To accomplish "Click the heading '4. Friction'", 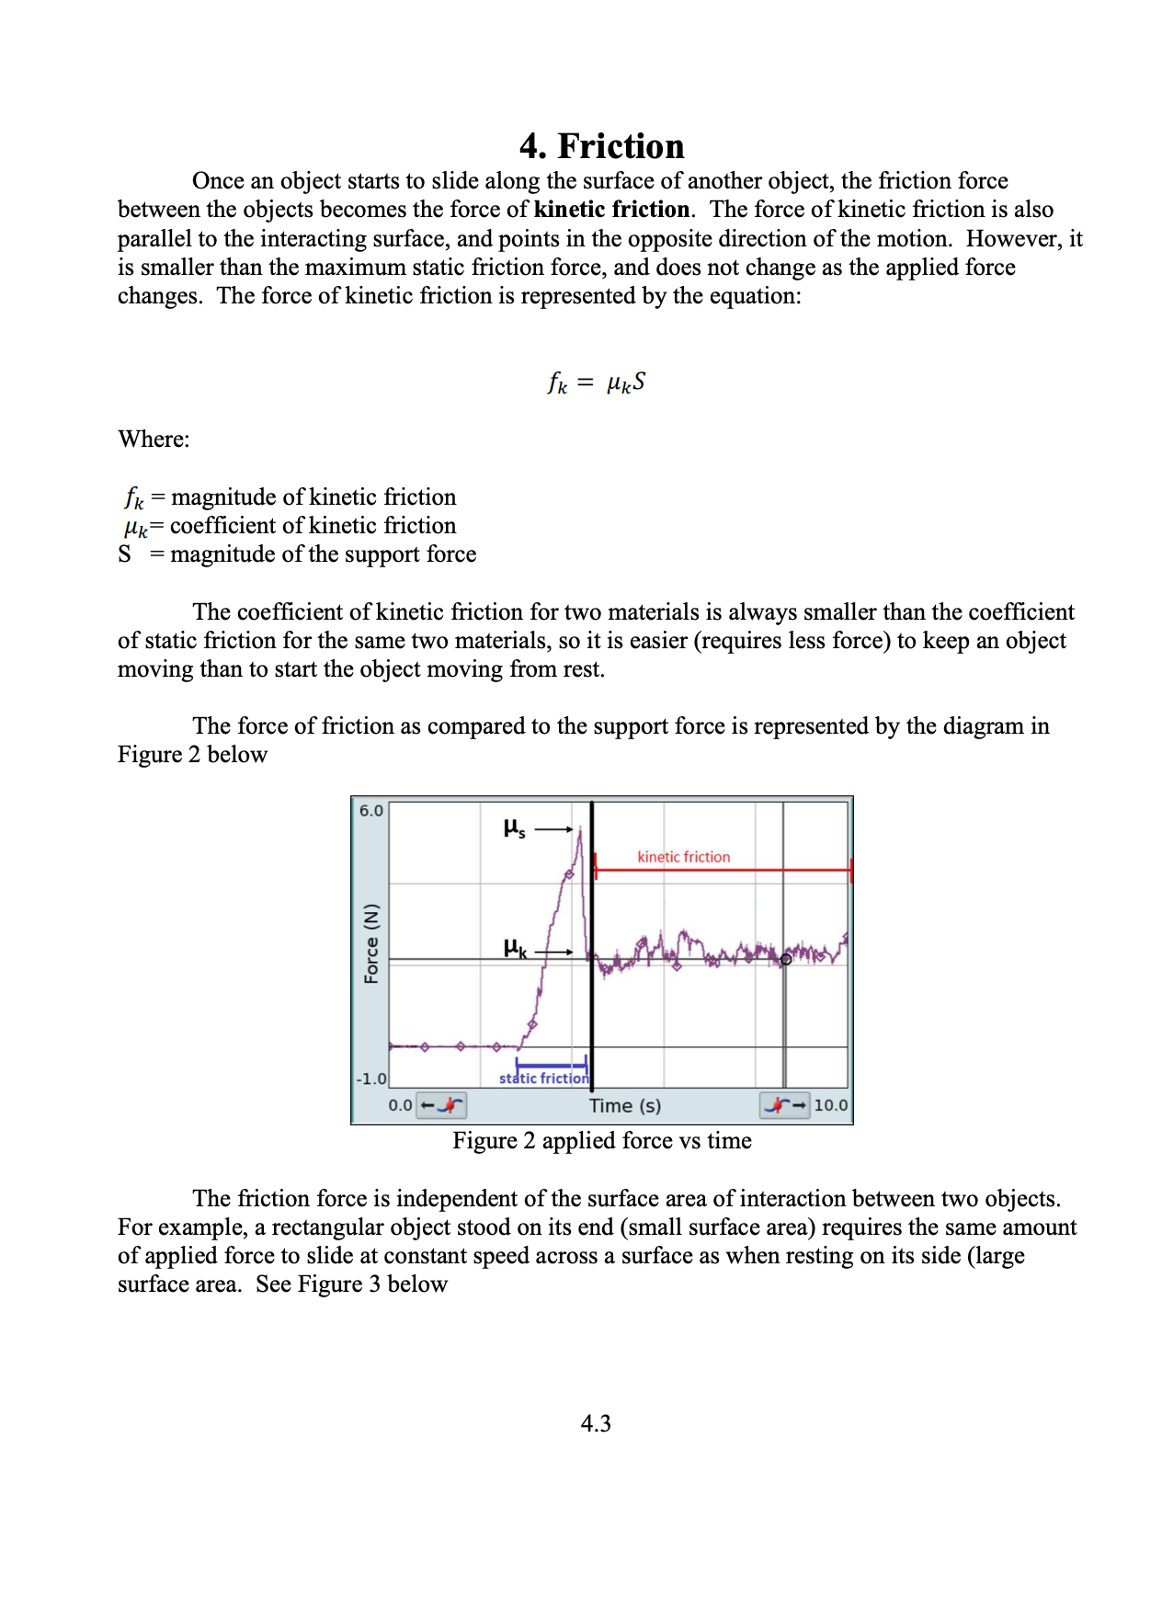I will [601, 146].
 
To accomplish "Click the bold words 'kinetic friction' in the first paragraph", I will [611, 210].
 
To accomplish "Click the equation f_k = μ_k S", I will [596, 382].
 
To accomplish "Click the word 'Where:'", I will [154, 439].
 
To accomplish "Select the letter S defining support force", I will [125, 554].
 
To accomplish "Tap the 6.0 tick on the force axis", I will [370, 811].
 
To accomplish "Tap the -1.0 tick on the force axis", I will [370, 1079].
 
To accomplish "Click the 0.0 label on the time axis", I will [400, 1105].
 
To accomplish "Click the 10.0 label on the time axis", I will [830, 1105].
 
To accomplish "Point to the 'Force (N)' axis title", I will [371, 943].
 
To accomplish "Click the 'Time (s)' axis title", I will [624, 1105].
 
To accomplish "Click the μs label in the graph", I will [514, 828].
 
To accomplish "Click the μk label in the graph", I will [515, 948].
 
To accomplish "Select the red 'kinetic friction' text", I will [683, 857].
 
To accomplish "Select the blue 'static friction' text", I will [543, 1079].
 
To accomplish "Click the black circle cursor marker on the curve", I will [786, 959].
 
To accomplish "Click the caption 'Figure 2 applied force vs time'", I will [601, 1141].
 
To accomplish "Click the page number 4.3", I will [595, 1423].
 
